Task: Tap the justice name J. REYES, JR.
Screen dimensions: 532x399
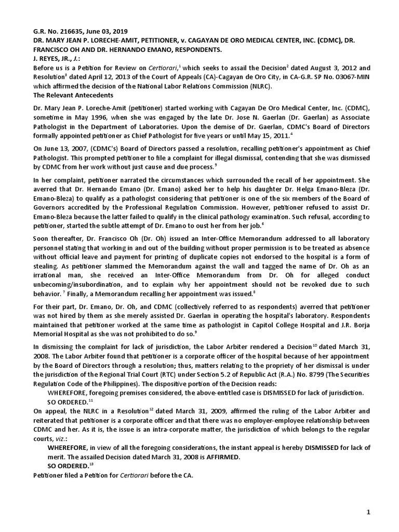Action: [57, 59]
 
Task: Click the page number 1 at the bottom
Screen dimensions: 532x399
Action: [368, 512]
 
